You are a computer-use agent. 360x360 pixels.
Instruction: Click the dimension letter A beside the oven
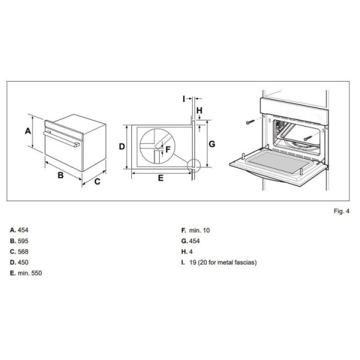point(28,131)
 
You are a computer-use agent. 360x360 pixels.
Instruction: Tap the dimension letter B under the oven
point(61,175)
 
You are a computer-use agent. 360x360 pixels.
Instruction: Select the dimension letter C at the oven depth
point(97,182)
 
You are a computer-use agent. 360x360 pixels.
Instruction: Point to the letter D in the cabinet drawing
point(122,146)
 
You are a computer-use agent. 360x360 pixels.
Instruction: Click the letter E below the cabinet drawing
point(161,178)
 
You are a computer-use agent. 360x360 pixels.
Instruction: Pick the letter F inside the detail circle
point(168,149)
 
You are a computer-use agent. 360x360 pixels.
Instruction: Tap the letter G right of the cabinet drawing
point(212,144)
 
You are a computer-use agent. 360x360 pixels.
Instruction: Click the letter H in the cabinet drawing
point(199,110)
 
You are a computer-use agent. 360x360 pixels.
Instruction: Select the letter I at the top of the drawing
point(184,99)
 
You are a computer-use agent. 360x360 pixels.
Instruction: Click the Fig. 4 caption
point(341,211)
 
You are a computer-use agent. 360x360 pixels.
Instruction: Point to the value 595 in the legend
point(23,241)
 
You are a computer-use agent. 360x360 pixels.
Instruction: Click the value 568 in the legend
point(23,252)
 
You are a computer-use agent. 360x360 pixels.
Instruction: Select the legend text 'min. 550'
point(30,273)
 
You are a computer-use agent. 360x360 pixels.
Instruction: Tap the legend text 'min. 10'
point(199,230)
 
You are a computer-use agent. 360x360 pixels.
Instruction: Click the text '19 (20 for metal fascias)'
point(223,262)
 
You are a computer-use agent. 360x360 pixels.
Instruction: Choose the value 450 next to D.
point(23,262)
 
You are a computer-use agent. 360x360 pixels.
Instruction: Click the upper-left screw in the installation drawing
point(250,122)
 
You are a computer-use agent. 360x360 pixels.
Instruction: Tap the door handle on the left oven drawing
point(61,139)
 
